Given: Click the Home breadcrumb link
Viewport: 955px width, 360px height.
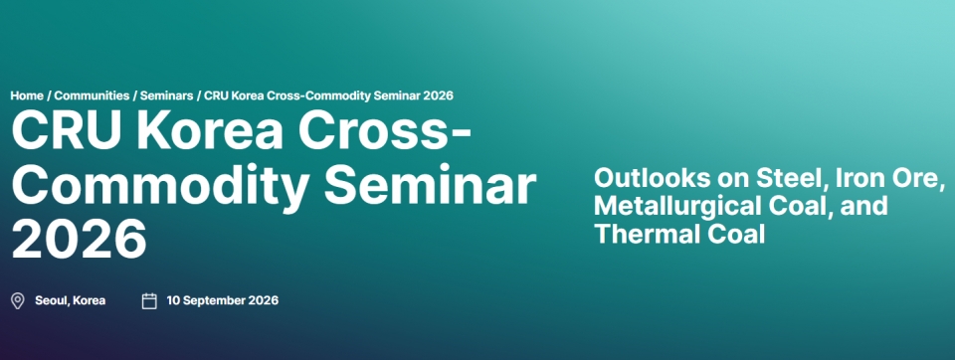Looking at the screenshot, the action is coord(27,95).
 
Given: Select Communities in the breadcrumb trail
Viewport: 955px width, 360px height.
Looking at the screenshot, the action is coord(92,95).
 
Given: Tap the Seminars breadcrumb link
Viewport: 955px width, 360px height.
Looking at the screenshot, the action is coord(167,95).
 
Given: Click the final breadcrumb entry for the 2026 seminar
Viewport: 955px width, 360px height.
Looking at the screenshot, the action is coord(329,95).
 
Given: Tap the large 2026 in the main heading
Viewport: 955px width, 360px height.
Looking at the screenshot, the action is coord(80,240).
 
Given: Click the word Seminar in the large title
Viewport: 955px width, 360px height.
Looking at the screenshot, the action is coord(430,184).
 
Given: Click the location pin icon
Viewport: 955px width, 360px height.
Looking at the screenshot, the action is coord(18,301).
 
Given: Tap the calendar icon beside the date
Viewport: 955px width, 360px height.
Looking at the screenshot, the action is coord(149,301).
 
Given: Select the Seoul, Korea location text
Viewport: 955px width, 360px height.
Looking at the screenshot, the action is coord(70,301).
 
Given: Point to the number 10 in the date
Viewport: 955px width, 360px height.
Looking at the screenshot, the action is coord(173,300).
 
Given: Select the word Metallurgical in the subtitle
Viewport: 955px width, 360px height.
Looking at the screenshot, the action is coord(669,207).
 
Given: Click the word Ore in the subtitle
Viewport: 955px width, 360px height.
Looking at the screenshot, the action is coord(920,178).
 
